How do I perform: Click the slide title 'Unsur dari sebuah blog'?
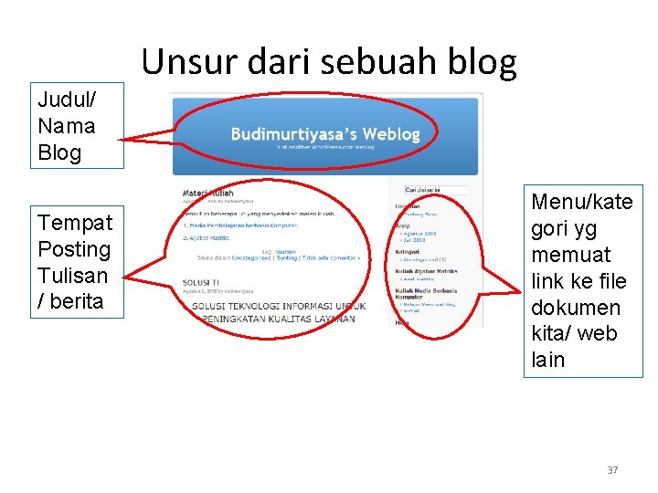(x=329, y=62)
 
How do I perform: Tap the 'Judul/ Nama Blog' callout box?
(x=67, y=126)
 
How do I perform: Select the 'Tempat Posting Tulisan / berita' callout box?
(x=75, y=262)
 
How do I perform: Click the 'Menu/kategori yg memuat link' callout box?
(x=582, y=280)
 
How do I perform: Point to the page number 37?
(x=612, y=470)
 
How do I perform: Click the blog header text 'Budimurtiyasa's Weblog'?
(x=325, y=134)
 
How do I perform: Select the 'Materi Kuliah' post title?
(x=207, y=193)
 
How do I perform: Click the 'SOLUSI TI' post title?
(x=200, y=283)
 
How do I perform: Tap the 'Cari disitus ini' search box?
(x=435, y=190)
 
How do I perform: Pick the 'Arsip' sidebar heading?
(x=402, y=225)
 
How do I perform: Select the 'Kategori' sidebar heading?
(x=407, y=251)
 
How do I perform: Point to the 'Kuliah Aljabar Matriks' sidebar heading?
(x=425, y=271)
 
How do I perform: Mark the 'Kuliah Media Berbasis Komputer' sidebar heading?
(x=425, y=293)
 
